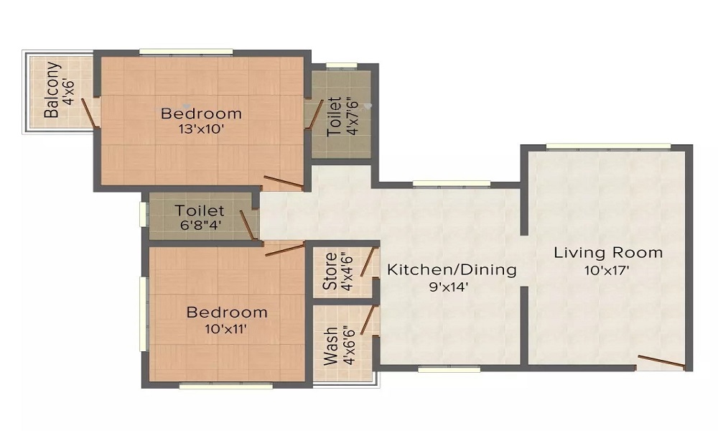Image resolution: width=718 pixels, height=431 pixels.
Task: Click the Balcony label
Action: pos(52,90)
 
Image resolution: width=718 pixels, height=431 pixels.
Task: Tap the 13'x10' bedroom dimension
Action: pos(201,129)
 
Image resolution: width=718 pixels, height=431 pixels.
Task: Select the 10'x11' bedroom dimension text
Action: pos(227,329)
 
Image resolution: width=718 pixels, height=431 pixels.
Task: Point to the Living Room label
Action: pos(608,252)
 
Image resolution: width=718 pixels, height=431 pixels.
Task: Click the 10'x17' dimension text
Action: pos(607,270)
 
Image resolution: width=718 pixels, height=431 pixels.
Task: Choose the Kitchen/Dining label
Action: pos(452,269)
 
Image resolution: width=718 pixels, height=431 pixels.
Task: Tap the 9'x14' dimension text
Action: pos(449,287)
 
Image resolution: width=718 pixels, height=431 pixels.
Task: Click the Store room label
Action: pos(330,271)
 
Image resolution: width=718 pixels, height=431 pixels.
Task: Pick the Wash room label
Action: pos(331,346)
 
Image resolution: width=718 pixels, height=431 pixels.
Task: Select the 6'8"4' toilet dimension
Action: pos(199,226)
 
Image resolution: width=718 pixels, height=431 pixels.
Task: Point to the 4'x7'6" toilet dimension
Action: pos(352,116)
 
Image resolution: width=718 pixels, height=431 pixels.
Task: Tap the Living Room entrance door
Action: pos(661,362)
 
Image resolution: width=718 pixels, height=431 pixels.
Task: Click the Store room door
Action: pos(369,262)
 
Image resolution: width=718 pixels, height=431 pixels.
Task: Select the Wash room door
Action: pos(369,320)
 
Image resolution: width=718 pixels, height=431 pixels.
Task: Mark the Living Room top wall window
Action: pos(609,147)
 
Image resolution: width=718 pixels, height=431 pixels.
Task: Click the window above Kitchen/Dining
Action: pos(452,184)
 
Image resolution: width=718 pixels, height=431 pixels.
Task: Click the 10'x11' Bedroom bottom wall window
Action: pos(225,386)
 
